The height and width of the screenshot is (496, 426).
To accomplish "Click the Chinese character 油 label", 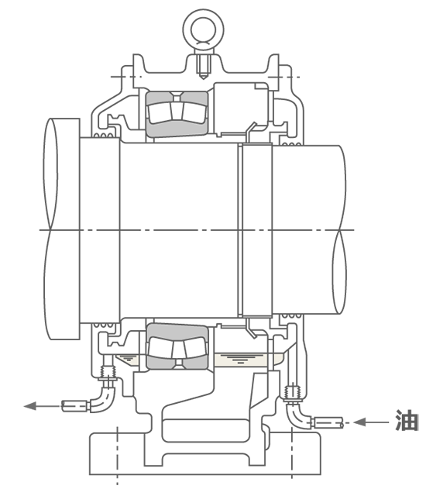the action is coord(407,420).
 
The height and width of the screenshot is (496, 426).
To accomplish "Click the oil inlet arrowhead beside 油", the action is coord(359,422).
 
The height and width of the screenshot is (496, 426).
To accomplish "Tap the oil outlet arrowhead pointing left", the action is coord(30,406).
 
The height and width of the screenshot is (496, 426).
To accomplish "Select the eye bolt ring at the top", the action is coord(203,29).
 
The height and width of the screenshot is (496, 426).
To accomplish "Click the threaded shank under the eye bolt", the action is coord(203,67).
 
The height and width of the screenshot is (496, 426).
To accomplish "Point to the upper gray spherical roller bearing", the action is coord(177,114).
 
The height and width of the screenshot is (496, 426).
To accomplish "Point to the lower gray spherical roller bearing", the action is coord(177,346).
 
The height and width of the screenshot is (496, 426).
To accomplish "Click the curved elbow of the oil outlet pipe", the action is coord(104,400).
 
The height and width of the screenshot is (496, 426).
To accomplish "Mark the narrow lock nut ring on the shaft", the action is coord(256,229).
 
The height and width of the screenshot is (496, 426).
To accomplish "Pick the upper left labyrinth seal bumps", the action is coord(103,136).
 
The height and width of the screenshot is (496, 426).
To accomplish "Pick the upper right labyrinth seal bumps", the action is coord(291,144).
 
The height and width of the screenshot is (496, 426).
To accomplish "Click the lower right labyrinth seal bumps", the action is coord(291,315).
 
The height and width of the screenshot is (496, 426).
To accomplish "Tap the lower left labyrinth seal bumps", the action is coord(103,325).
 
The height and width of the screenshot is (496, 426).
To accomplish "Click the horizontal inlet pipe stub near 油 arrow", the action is coord(328,422).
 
